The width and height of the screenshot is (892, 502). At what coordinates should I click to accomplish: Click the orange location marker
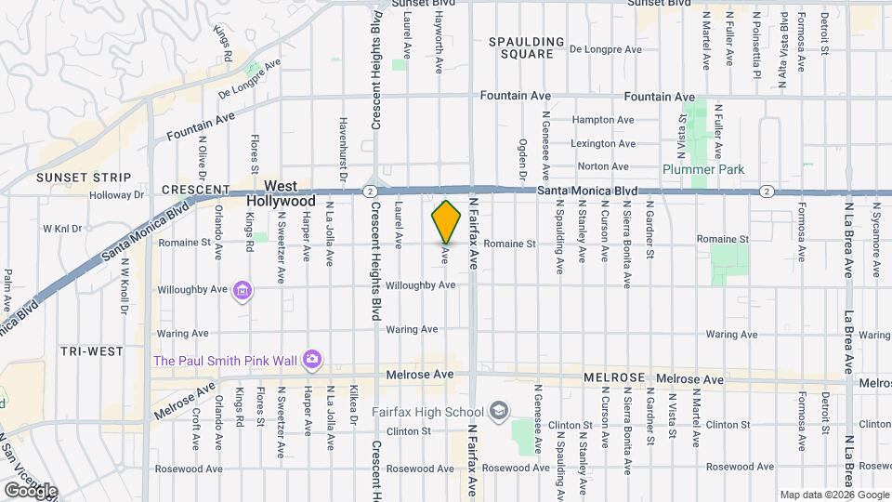click(x=446, y=221)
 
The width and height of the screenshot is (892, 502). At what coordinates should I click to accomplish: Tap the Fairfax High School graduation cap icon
click(x=499, y=411)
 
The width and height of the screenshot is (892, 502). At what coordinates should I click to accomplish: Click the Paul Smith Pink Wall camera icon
click(x=312, y=359)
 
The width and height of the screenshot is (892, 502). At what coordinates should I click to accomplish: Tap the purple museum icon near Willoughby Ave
click(x=242, y=291)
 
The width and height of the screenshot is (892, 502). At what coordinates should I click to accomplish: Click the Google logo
click(x=32, y=490)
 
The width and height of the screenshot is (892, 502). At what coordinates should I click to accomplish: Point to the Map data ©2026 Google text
click(x=833, y=495)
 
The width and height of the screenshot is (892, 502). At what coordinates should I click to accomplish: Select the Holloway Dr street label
click(x=118, y=195)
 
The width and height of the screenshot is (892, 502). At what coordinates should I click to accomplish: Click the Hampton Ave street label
click(x=603, y=120)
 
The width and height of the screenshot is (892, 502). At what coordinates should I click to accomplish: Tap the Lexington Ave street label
click(x=603, y=144)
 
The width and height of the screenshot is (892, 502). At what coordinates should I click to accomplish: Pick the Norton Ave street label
click(x=603, y=167)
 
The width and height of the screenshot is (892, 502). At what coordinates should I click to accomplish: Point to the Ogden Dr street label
click(x=522, y=159)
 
